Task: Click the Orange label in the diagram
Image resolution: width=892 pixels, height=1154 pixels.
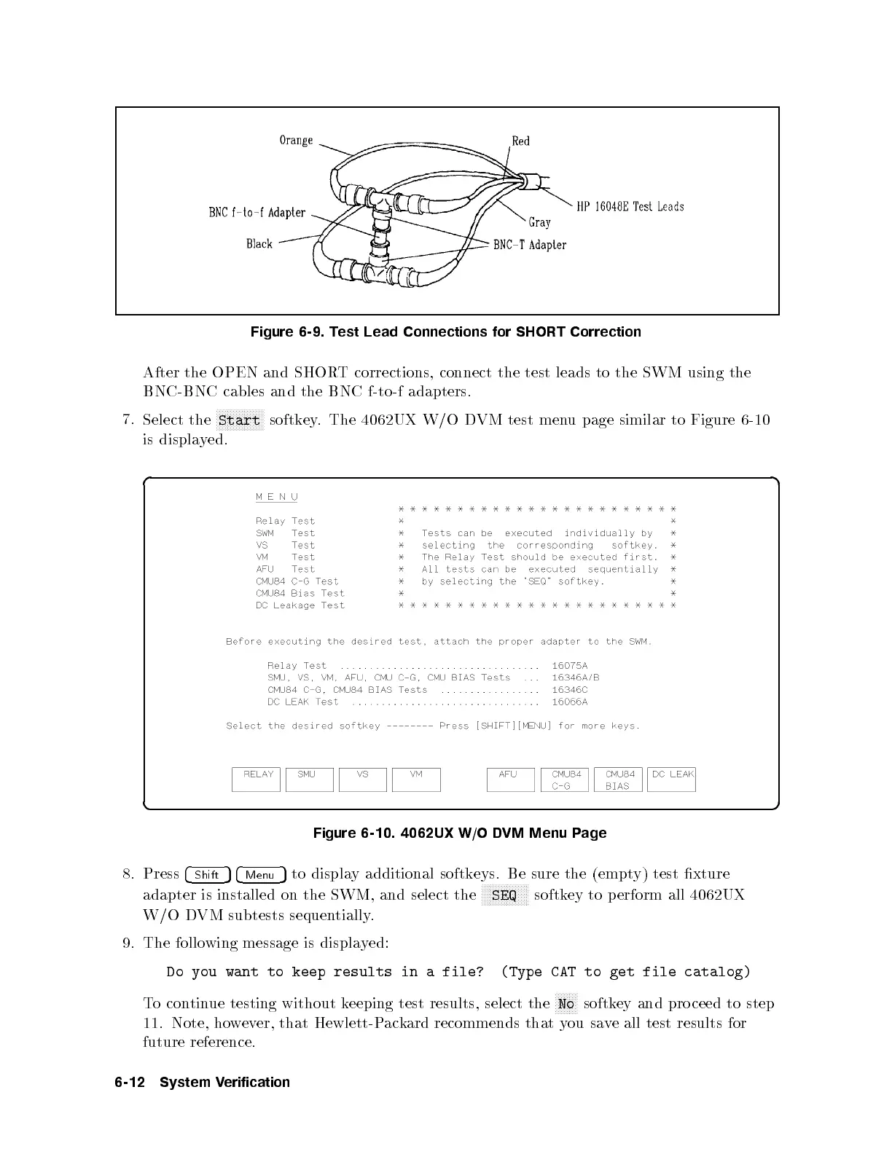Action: (x=296, y=140)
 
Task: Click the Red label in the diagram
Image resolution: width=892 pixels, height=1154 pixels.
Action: (x=520, y=141)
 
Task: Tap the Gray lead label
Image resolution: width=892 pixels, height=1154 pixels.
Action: (x=539, y=222)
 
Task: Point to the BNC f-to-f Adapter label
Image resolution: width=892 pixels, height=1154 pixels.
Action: (x=257, y=213)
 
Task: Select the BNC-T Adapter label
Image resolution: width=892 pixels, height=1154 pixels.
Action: (x=530, y=245)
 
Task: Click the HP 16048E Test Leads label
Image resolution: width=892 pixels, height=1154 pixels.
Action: (x=630, y=207)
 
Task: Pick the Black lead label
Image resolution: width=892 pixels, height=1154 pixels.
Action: (x=259, y=244)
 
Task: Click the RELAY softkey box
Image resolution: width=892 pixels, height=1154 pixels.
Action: (x=256, y=780)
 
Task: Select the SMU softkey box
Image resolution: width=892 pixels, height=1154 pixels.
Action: (x=310, y=780)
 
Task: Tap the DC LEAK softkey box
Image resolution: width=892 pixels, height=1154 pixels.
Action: (x=671, y=780)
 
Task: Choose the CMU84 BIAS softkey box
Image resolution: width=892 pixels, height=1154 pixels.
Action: (x=618, y=780)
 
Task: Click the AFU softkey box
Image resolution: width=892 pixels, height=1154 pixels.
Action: (x=510, y=780)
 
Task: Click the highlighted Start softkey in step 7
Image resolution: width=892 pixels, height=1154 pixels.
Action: (x=240, y=420)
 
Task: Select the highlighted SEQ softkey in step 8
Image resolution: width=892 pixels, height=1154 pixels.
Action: (x=504, y=895)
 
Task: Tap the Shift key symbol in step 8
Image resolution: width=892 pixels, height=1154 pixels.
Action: (x=208, y=875)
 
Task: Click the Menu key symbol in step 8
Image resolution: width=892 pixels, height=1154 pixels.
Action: (x=260, y=875)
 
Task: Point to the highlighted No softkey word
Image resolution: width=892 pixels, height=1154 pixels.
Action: (x=566, y=1004)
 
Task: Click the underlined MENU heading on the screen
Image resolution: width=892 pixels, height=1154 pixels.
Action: (x=277, y=497)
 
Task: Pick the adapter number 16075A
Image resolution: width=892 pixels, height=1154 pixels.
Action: (x=570, y=666)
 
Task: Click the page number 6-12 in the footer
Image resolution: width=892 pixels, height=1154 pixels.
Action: (x=131, y=1083)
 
